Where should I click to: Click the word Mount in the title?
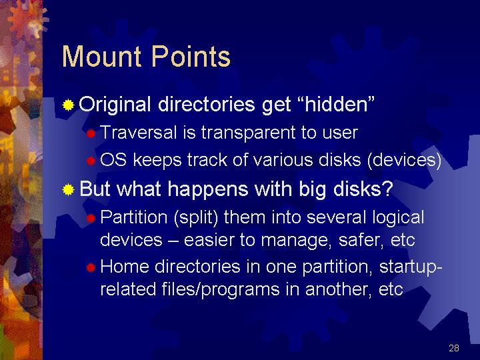click(x=101, y=56)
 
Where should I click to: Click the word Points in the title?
click(x=191, y=56)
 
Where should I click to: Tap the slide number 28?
click(x=454, y=348)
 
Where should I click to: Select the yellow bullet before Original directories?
click(x=68, y=105)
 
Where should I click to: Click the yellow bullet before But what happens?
click(x=68, y=189)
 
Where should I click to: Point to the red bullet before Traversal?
click(x=91, y=133)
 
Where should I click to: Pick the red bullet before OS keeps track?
click(x=91, y=161)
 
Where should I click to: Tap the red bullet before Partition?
click(x=91, y=218)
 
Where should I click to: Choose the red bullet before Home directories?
click(x=91, y=268)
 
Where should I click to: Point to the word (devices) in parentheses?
click(x=404, y=160)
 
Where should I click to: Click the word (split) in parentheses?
click(x=196, y=217)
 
